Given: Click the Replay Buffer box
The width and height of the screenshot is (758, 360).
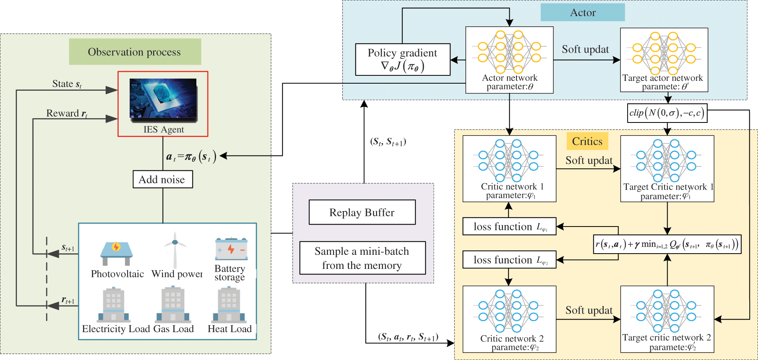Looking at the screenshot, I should pos(362,212).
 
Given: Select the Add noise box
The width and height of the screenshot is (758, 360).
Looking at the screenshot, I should pos(163,179).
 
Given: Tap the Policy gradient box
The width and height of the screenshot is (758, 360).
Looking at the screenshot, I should pos(403,60).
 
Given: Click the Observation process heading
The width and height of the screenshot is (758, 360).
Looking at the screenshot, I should pos(135,52).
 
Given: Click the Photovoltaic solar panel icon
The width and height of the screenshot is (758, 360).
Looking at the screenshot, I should pos(116,253).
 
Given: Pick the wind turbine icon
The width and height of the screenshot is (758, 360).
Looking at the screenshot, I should pos(175,250).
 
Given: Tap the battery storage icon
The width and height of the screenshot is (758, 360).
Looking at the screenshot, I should pos(231,249).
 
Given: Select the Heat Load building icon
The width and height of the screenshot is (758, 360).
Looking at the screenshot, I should pos(229,305).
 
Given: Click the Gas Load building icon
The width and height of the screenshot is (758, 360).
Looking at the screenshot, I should pos(173,305).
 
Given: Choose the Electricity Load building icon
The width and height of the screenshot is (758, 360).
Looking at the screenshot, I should pos(114,305).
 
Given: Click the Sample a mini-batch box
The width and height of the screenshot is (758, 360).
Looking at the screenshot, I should pos(362,258).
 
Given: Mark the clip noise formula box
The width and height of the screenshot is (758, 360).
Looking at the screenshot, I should pos(667,113).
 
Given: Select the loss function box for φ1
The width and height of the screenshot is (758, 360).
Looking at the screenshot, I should pos(509,227).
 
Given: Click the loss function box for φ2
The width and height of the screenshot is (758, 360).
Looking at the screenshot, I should pos(509,260).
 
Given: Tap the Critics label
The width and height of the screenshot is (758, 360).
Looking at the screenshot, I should pos(587,141).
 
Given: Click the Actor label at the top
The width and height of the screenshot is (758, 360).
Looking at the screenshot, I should pos(582,13).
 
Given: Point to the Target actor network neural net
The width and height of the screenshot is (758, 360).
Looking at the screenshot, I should pos(664,53).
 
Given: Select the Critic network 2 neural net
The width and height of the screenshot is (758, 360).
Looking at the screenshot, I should pos(509,311).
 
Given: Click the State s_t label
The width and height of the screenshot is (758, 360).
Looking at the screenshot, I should pos(67,84).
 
